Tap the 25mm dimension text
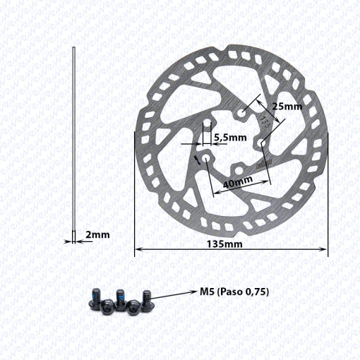(x=287, y=107)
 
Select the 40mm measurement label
(x=238, y=181)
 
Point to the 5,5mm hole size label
(x=229, y=138)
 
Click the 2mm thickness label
(x=97, y=234)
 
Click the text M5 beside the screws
(x=207, y=291)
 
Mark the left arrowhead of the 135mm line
(x=138, y=248)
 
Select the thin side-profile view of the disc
(x=74, y=141)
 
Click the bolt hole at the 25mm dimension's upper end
(x=242, y=112)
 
